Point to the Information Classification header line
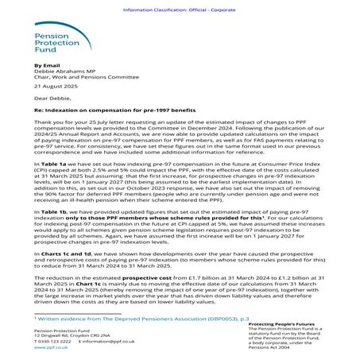pyautogui.click(x=180, y=5)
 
